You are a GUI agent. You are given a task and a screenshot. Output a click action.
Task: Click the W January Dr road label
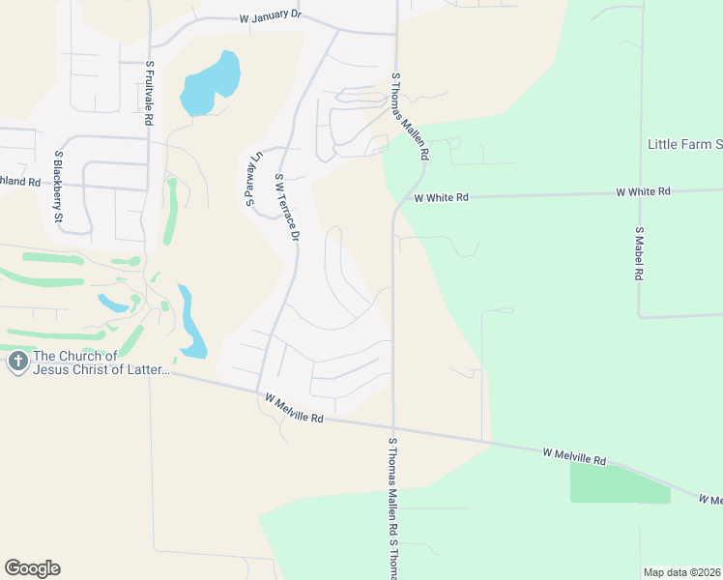click(x=270, y=18)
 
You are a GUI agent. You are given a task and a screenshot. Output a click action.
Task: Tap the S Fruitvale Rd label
click(x=150, y=95)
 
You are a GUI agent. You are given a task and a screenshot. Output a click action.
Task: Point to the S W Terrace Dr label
click(x=288, y=207)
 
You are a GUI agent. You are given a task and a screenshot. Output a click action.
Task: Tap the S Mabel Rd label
click(x=639, y=253)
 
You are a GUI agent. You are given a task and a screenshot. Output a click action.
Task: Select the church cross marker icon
click(x=17, y=362)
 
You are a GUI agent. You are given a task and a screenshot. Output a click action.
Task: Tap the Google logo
click(x=32, y=568)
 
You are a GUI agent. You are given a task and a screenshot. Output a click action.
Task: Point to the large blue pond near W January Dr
click(x=211, y=83)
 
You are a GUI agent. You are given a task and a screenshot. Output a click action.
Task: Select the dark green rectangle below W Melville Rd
click(x=620, y=482)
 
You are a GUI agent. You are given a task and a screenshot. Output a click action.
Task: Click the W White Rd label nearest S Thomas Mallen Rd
click(x=441, y=197)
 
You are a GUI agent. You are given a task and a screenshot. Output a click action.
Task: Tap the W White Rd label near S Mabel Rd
click(x=644, y=192)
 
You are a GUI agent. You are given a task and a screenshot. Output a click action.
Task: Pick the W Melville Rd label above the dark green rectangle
click(x=574, y=456)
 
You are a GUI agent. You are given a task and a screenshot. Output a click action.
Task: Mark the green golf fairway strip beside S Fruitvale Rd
click(x=171, y=213)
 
